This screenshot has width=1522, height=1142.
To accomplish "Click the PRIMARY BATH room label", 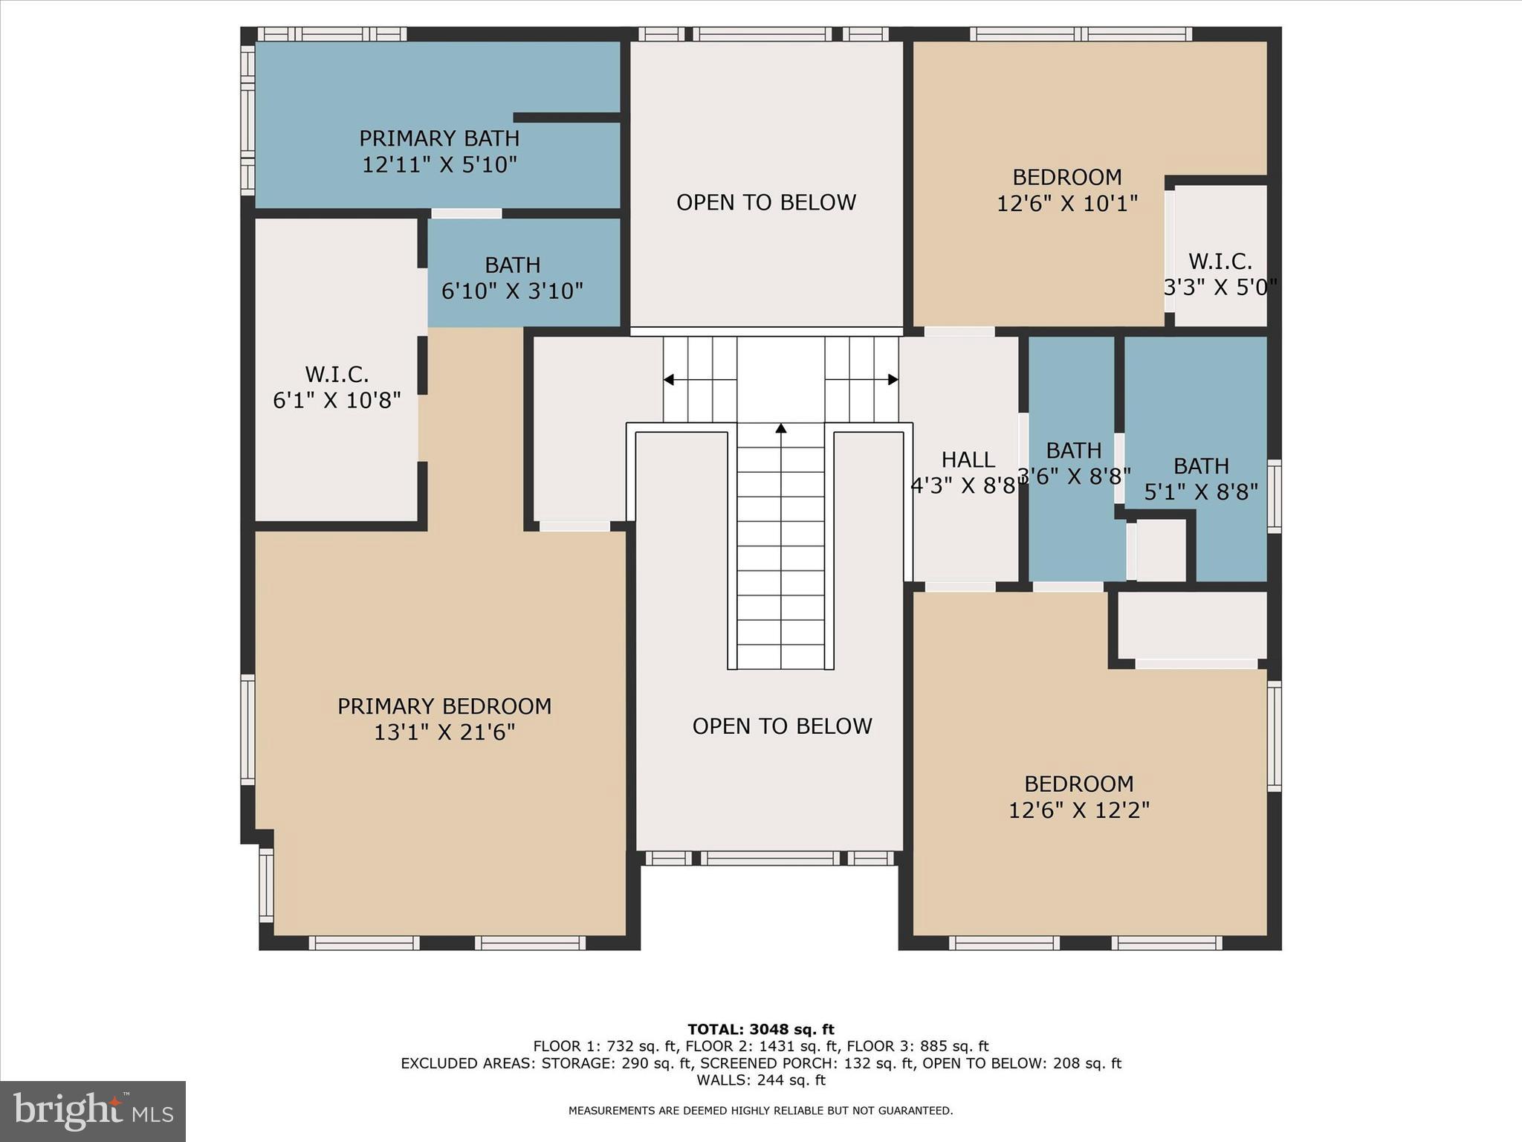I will click(439, 139).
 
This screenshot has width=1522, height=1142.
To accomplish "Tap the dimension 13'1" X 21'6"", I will click(444, 732).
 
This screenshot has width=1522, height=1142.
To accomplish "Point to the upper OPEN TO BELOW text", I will click(765, 202).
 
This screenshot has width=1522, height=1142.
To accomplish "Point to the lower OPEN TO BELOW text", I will click(782, 726).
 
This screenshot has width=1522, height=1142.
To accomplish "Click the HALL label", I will click(968, 459).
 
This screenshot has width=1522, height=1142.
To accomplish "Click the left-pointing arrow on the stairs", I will click(669, 380).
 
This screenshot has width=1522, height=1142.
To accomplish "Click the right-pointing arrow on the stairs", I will click(893, 380).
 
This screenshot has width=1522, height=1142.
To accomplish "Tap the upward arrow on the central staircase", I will click(780, 428).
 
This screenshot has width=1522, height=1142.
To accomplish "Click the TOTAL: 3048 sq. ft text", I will click(760, 1029).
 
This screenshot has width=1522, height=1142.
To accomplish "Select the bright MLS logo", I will click(93, 1111).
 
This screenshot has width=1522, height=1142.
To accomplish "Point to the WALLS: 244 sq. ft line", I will click(760, 1080).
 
